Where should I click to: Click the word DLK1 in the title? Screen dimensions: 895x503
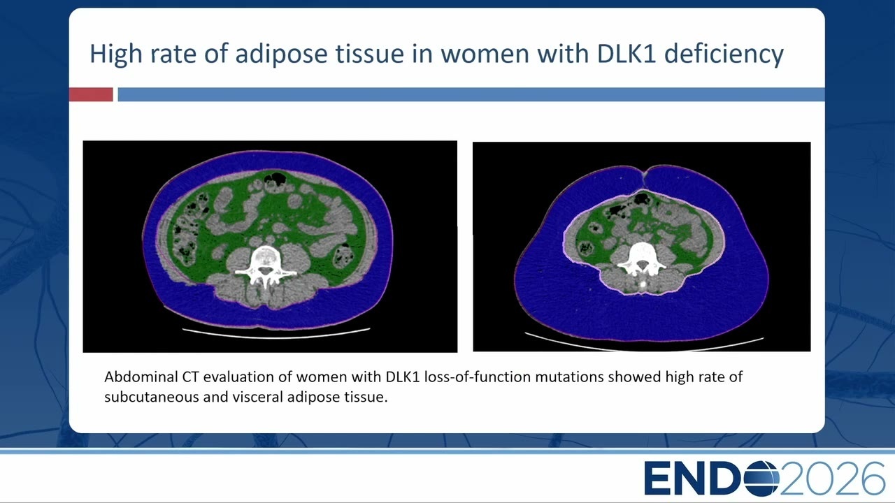(x=626, y=54)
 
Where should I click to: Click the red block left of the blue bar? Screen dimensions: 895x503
(x=91, y=94)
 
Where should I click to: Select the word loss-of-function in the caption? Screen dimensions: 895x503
(x=477, y=377)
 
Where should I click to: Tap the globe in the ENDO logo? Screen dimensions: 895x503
(x=761, y=478)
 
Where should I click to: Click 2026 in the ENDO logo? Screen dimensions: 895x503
(x=832, y=479)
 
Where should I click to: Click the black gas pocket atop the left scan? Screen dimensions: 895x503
(x=275, y=178)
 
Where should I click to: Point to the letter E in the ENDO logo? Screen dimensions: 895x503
(x=657, y=479)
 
